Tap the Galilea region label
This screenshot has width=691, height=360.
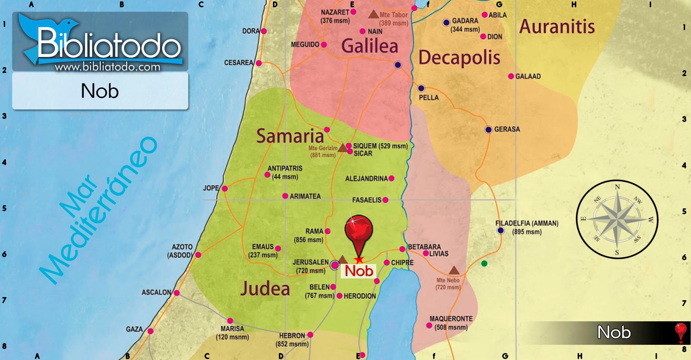tap(370, 46)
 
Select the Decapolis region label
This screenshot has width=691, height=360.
tap(459, 57)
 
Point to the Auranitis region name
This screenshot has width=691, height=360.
tap(557, 27)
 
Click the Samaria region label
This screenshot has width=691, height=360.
tap(290, 136)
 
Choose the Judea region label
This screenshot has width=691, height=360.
tap(265, 288)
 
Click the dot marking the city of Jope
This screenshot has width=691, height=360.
tap(225, 189)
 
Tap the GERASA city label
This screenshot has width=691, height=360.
tap(507, 129)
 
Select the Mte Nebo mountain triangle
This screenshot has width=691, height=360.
tap(454, 270)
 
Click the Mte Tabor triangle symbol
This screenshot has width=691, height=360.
tap(373, 15)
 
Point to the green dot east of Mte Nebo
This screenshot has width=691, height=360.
tap(484, 264)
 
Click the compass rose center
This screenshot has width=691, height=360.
tap(617, 219)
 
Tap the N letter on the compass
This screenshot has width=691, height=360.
tap(617, 187)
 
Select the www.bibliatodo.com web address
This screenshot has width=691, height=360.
tap(107, 67)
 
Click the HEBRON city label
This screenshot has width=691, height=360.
tap(292, 335)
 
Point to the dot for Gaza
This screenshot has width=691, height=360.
tap(150, 331)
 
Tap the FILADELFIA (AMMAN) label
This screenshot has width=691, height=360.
tap(527, 223)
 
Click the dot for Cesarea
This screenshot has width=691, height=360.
tap(259, 63)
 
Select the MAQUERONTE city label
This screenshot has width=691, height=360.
tap(451, 319)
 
